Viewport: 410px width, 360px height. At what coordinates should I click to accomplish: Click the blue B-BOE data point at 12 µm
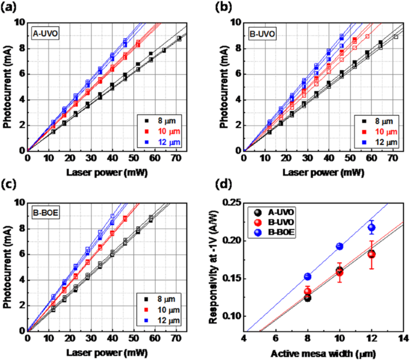[371, 227]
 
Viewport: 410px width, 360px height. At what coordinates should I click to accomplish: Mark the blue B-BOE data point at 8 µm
[308, 276]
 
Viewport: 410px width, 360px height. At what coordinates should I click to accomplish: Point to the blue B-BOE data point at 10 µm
[339, 246]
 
